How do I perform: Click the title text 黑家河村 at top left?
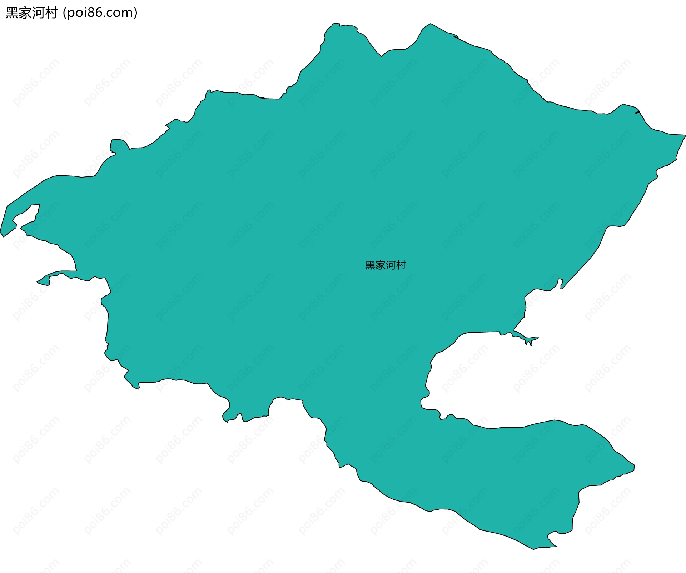click(x=31, y=13)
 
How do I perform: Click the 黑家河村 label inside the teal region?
click(x=386, y=265)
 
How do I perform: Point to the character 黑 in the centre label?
click(x=370, y=265)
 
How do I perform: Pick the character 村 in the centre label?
click(x=401, y=265)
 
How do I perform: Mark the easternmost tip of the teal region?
click(x=685, y=135)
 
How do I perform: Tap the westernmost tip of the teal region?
click(x=1, y=232)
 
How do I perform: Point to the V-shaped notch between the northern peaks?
click(x=382, y=56)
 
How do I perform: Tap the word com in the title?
click(x=120, y=13)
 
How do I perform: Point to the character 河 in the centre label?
click(x=391, y=265)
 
